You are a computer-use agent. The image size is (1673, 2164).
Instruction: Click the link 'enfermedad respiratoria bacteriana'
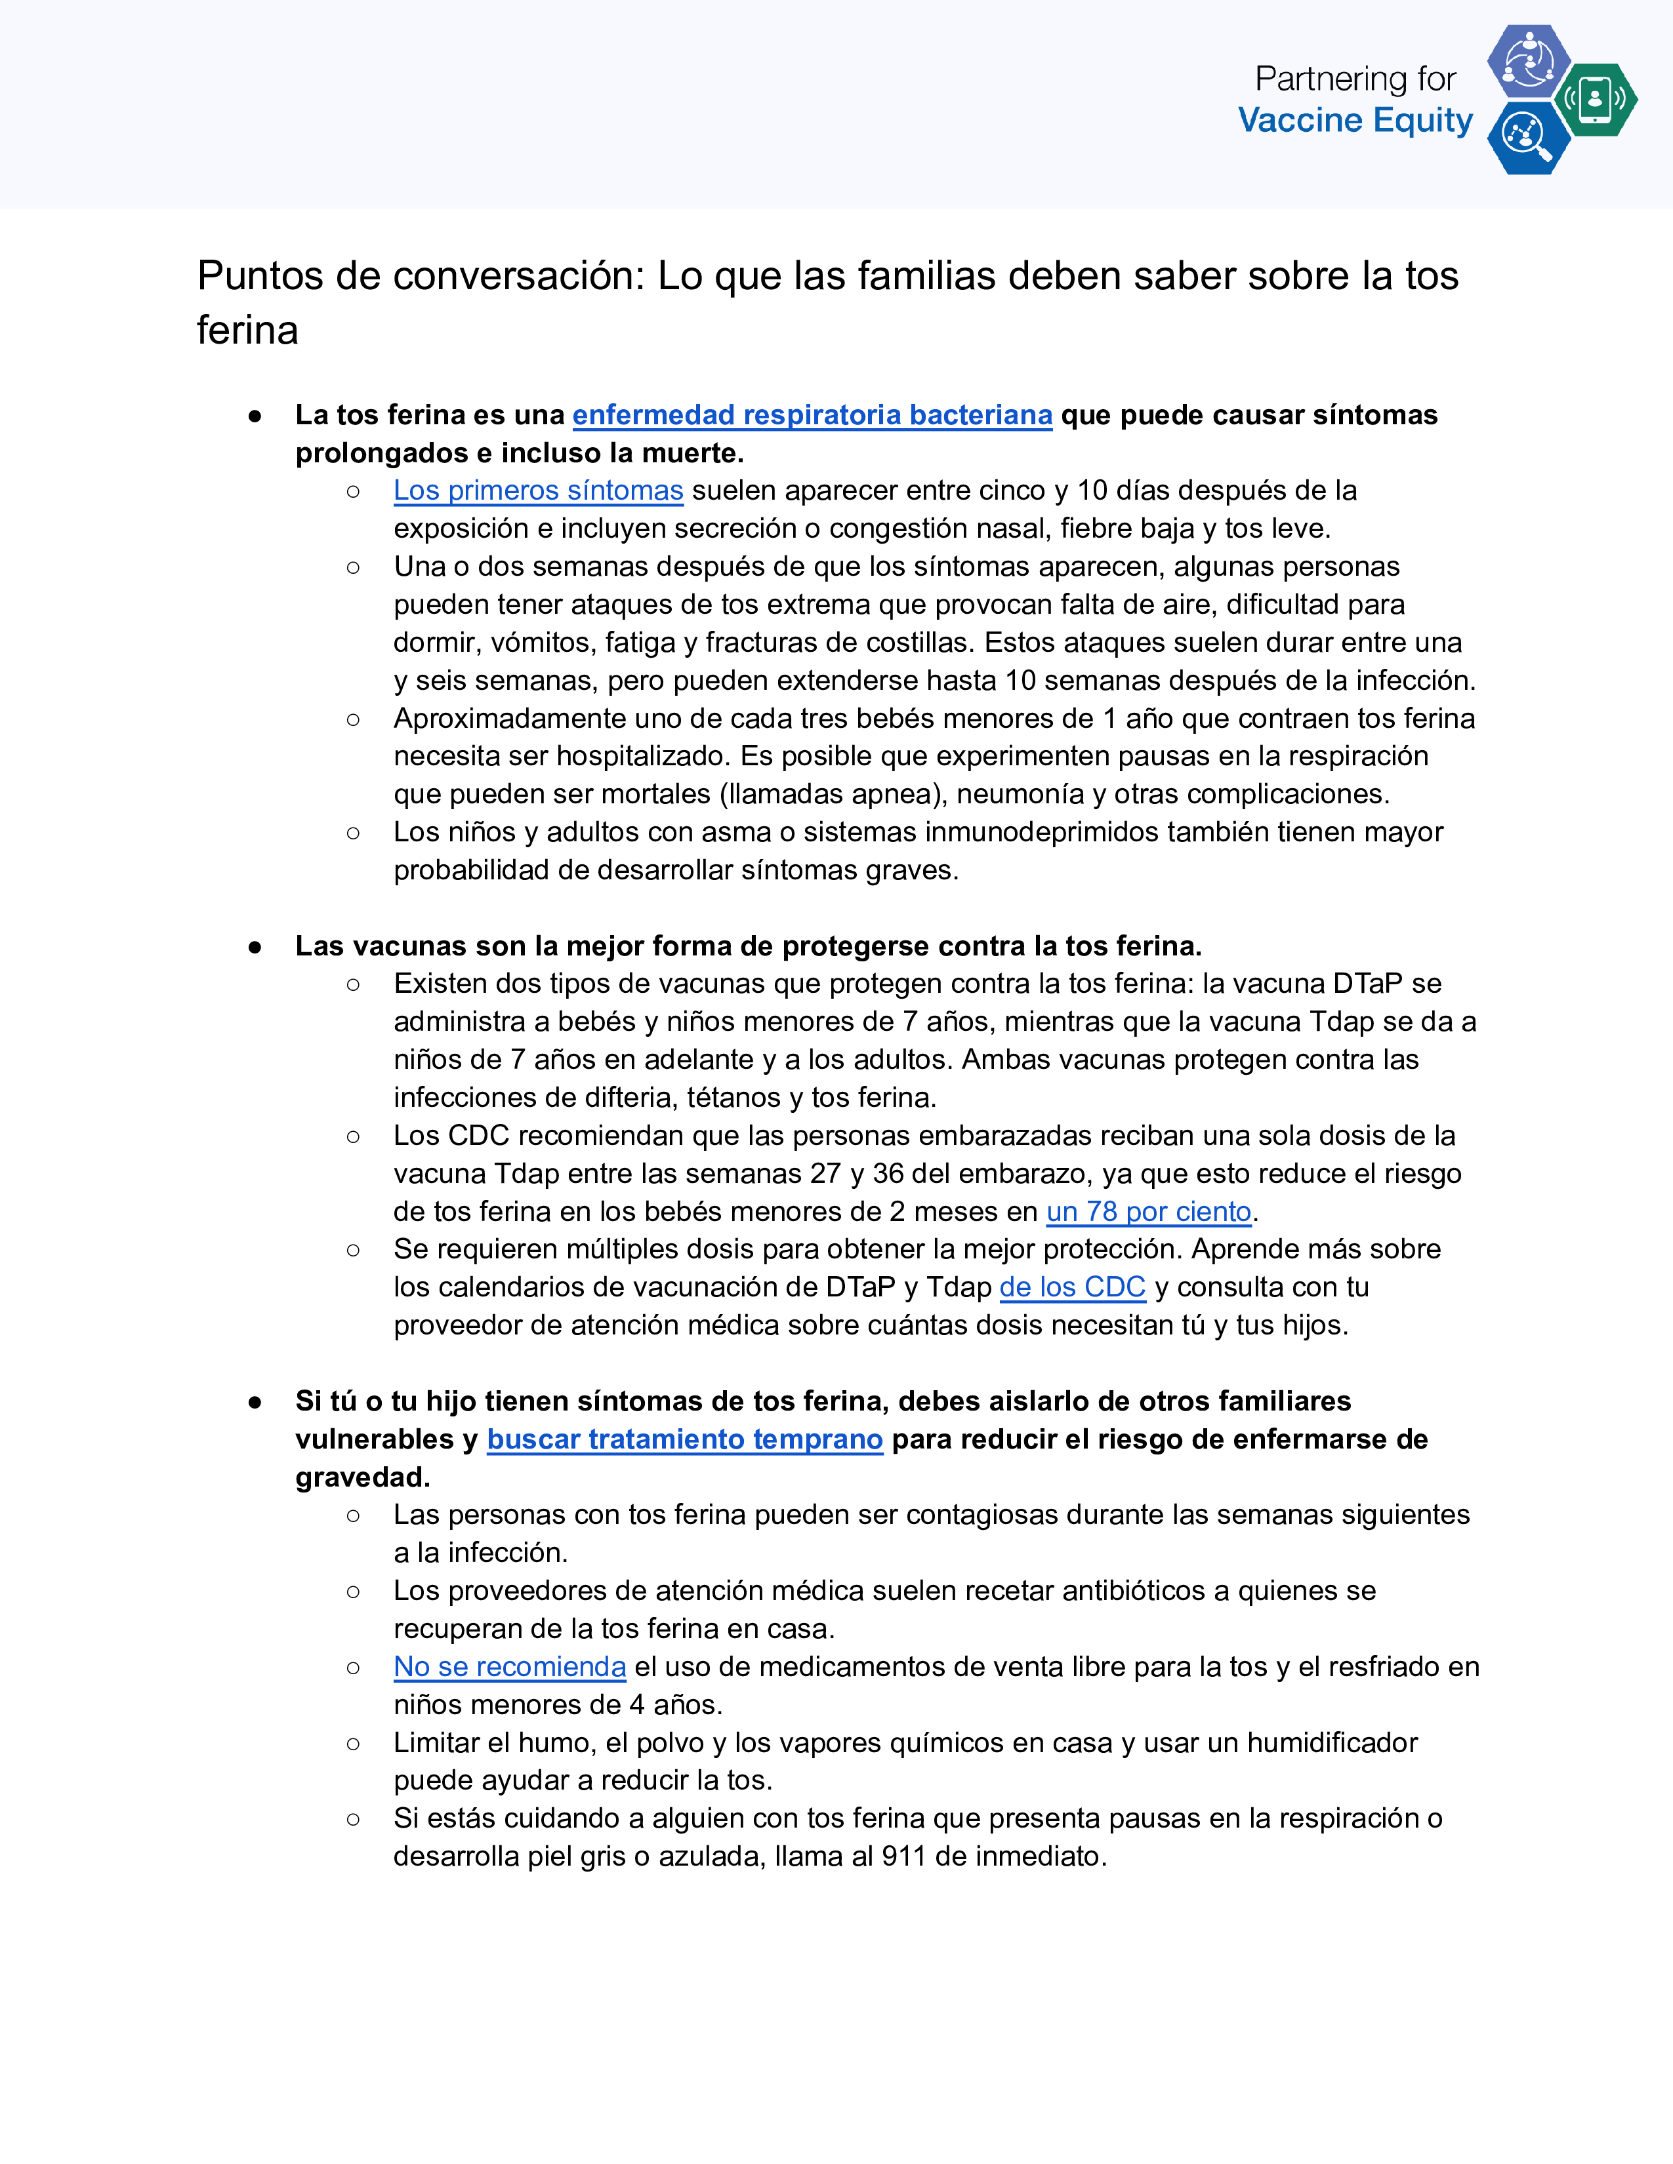click(x=812, y=415)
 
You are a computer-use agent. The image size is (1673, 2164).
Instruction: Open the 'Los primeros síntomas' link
click(x=538, y=491)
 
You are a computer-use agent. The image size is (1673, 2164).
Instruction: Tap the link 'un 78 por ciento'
click(x=1149, y=1212)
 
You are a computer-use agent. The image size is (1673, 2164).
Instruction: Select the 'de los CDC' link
click(x=1073, y=1287)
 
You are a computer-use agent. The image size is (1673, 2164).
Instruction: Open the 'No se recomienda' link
click(x=509, y=1668)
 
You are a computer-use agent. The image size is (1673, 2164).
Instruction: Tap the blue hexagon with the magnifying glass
click(x=1527, y=138)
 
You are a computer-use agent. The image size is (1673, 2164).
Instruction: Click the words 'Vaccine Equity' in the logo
click(x=1355, y=121)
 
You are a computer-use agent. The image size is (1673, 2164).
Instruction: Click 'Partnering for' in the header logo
click(x=1355, y=78)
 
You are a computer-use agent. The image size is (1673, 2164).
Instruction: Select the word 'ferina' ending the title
click(x=247, y=330)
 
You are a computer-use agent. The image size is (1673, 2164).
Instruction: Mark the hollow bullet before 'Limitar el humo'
click(x=353, y=1744)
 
